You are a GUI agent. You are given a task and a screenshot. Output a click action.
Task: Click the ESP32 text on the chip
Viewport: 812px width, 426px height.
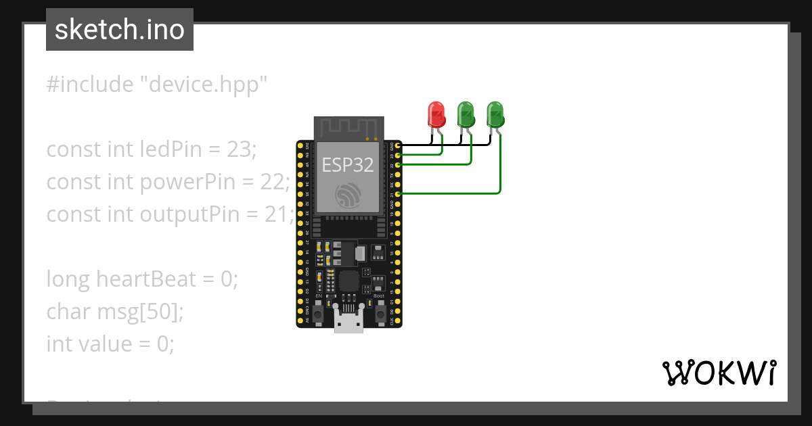(348, 165)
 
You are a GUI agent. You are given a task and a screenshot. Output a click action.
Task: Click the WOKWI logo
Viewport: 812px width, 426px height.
(719, 373)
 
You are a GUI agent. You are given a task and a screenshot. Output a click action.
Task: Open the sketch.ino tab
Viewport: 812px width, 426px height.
(120, 30)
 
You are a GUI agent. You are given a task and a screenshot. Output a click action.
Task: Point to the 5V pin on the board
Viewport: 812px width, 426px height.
(300, 321)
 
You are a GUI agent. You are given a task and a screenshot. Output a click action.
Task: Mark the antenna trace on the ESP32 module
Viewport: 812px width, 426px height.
(348, 127)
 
